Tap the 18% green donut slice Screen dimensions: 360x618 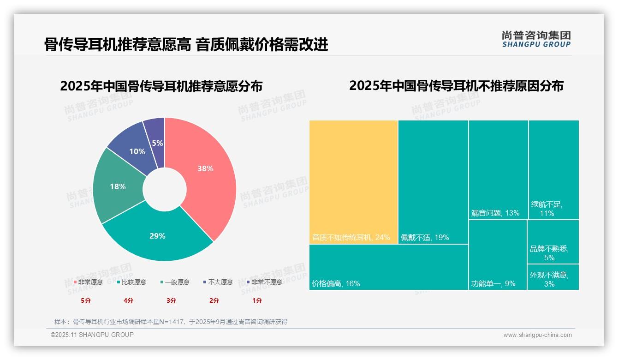point(118,186)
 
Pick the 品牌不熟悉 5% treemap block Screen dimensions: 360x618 point(553,242)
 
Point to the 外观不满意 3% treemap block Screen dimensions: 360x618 point(553,277)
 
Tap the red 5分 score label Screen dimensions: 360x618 point(86,300)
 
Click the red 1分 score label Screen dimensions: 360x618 point(257,300)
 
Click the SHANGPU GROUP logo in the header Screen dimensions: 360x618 point(536,39)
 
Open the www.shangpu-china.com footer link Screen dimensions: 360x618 point(537,335)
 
